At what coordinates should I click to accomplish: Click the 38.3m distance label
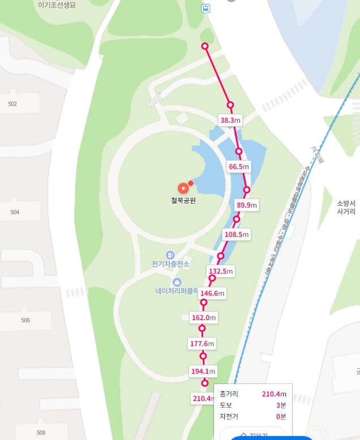tap(230, 120)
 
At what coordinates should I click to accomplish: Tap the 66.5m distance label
tap(239, 167)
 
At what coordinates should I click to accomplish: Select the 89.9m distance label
tap(247, 205)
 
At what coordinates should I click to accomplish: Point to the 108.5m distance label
tap(237, 234)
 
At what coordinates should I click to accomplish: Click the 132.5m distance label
tap(221, 271)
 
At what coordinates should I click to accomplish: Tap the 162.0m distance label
tap(204, 318)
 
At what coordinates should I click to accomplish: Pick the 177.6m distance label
tap(202, 343)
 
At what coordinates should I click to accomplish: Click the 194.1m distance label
tap(203, 371)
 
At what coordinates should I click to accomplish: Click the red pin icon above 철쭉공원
tap(183, 189)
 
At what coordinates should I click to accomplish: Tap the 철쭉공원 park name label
tap(183, 201)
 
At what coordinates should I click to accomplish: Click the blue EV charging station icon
tap(170, 255)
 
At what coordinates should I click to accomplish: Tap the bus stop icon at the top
tap(205, 8)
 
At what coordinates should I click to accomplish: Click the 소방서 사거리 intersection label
tap(346, 207)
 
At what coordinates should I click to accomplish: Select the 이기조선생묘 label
tap(57, 5)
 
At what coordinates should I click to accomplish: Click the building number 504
tap(14, 212)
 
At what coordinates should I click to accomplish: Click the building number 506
tap(25, 320)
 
